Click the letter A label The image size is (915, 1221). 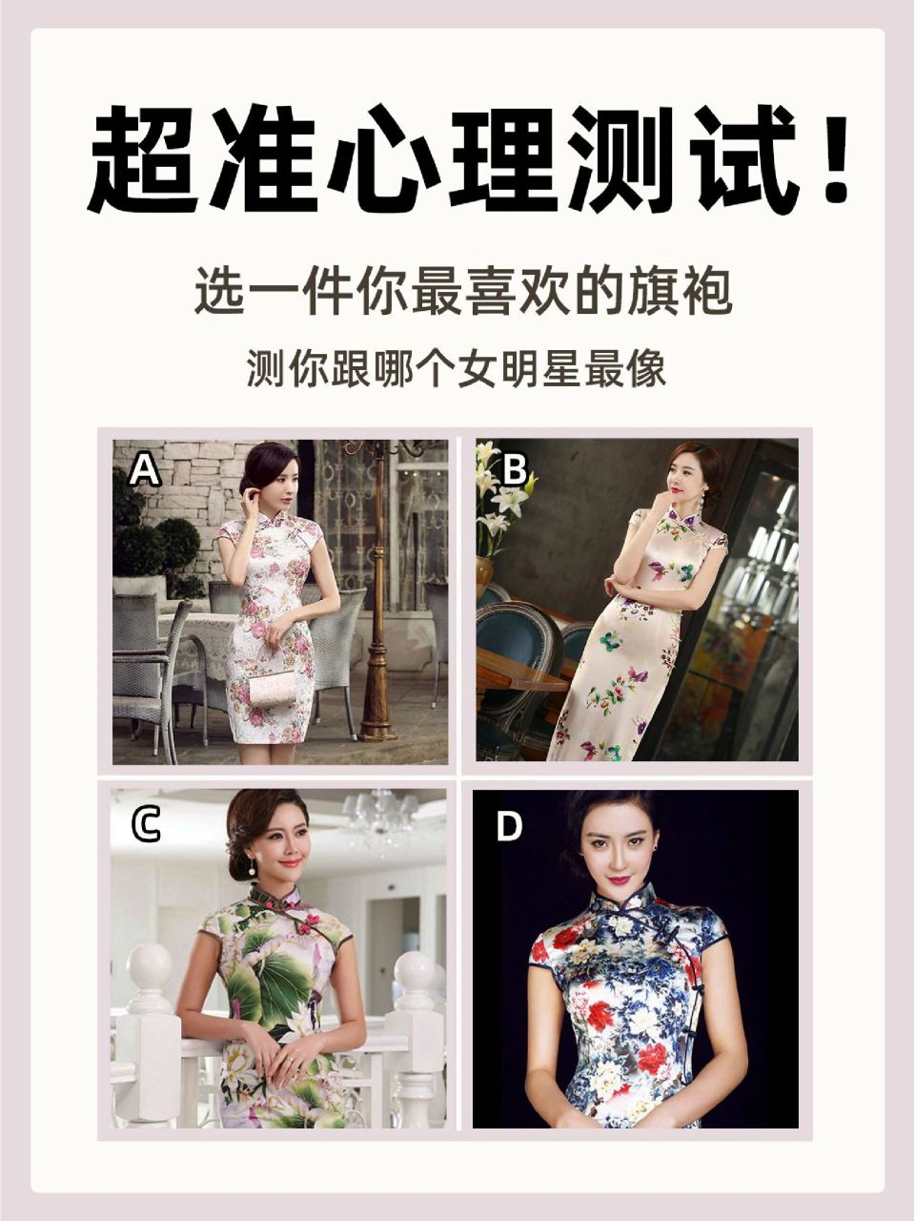146,470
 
